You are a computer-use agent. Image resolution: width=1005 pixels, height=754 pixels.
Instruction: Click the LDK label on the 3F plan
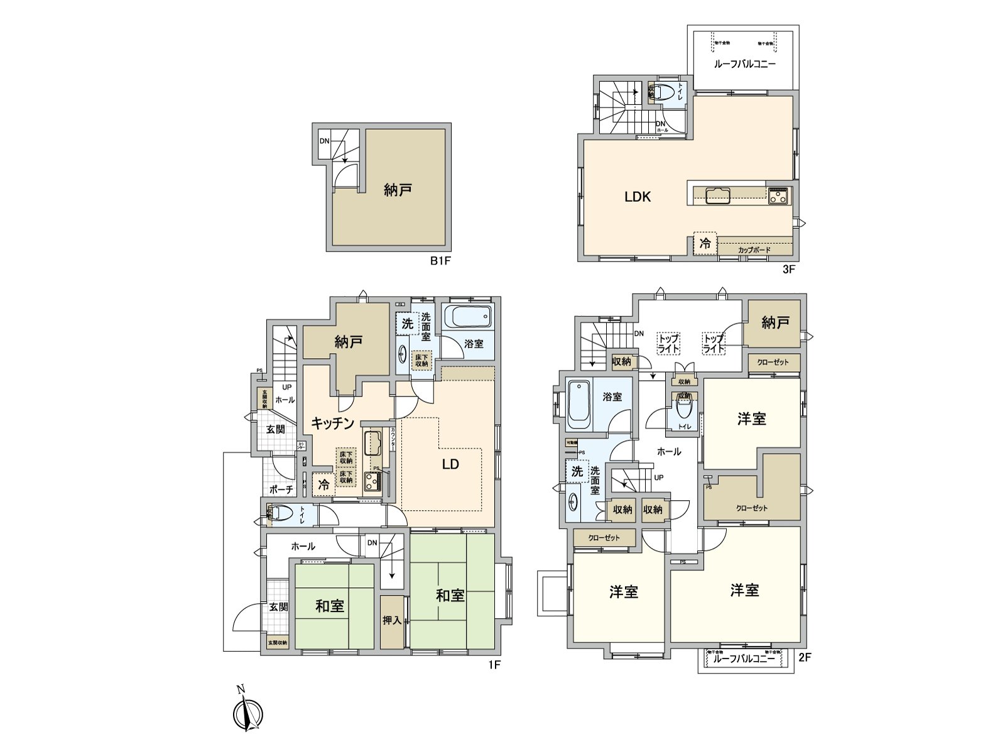coord(637,197)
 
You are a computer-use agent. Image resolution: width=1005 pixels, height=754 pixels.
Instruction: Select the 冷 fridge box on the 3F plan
coord(705,243)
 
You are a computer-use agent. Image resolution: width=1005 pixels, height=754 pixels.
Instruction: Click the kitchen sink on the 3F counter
coord(717,195)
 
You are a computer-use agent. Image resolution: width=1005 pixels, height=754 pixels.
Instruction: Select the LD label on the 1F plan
coord(450,464)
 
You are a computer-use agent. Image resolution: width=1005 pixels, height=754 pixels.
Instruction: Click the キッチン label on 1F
coord(334,423)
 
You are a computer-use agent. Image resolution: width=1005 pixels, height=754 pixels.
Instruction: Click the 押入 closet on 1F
coord(392,621)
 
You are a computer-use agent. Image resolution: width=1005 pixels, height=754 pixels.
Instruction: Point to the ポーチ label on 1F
coord(281,489)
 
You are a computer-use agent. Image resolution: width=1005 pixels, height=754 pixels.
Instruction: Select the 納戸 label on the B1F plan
coord(397,189)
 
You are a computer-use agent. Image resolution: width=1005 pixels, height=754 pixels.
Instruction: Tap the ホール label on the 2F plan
coord(668,451)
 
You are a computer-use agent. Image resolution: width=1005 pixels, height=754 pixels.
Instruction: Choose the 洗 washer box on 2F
coord(577,471)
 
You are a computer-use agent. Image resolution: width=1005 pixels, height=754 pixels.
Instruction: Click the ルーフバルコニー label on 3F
coord(744,64)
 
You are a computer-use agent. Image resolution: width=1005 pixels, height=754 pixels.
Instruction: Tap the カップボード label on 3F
coord(754,249)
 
